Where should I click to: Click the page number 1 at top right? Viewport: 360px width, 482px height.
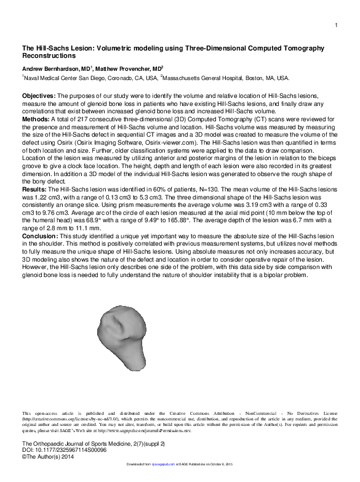(337, 25)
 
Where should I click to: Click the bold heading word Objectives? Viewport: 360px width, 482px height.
(39, 97)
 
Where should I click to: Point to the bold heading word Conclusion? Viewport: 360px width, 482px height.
(40, 252)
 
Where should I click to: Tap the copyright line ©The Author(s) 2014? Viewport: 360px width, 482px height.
(49, 457)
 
